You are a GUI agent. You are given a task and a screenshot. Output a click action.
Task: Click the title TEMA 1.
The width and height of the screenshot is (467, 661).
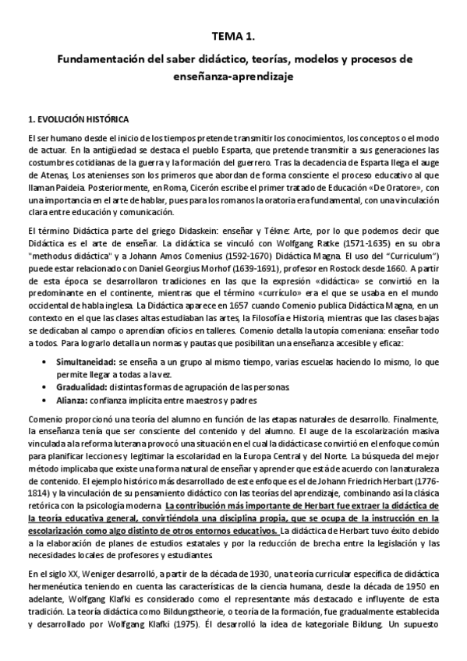coord(233,36)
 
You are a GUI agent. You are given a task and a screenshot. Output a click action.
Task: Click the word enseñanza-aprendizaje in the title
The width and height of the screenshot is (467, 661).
coord(234,78)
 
